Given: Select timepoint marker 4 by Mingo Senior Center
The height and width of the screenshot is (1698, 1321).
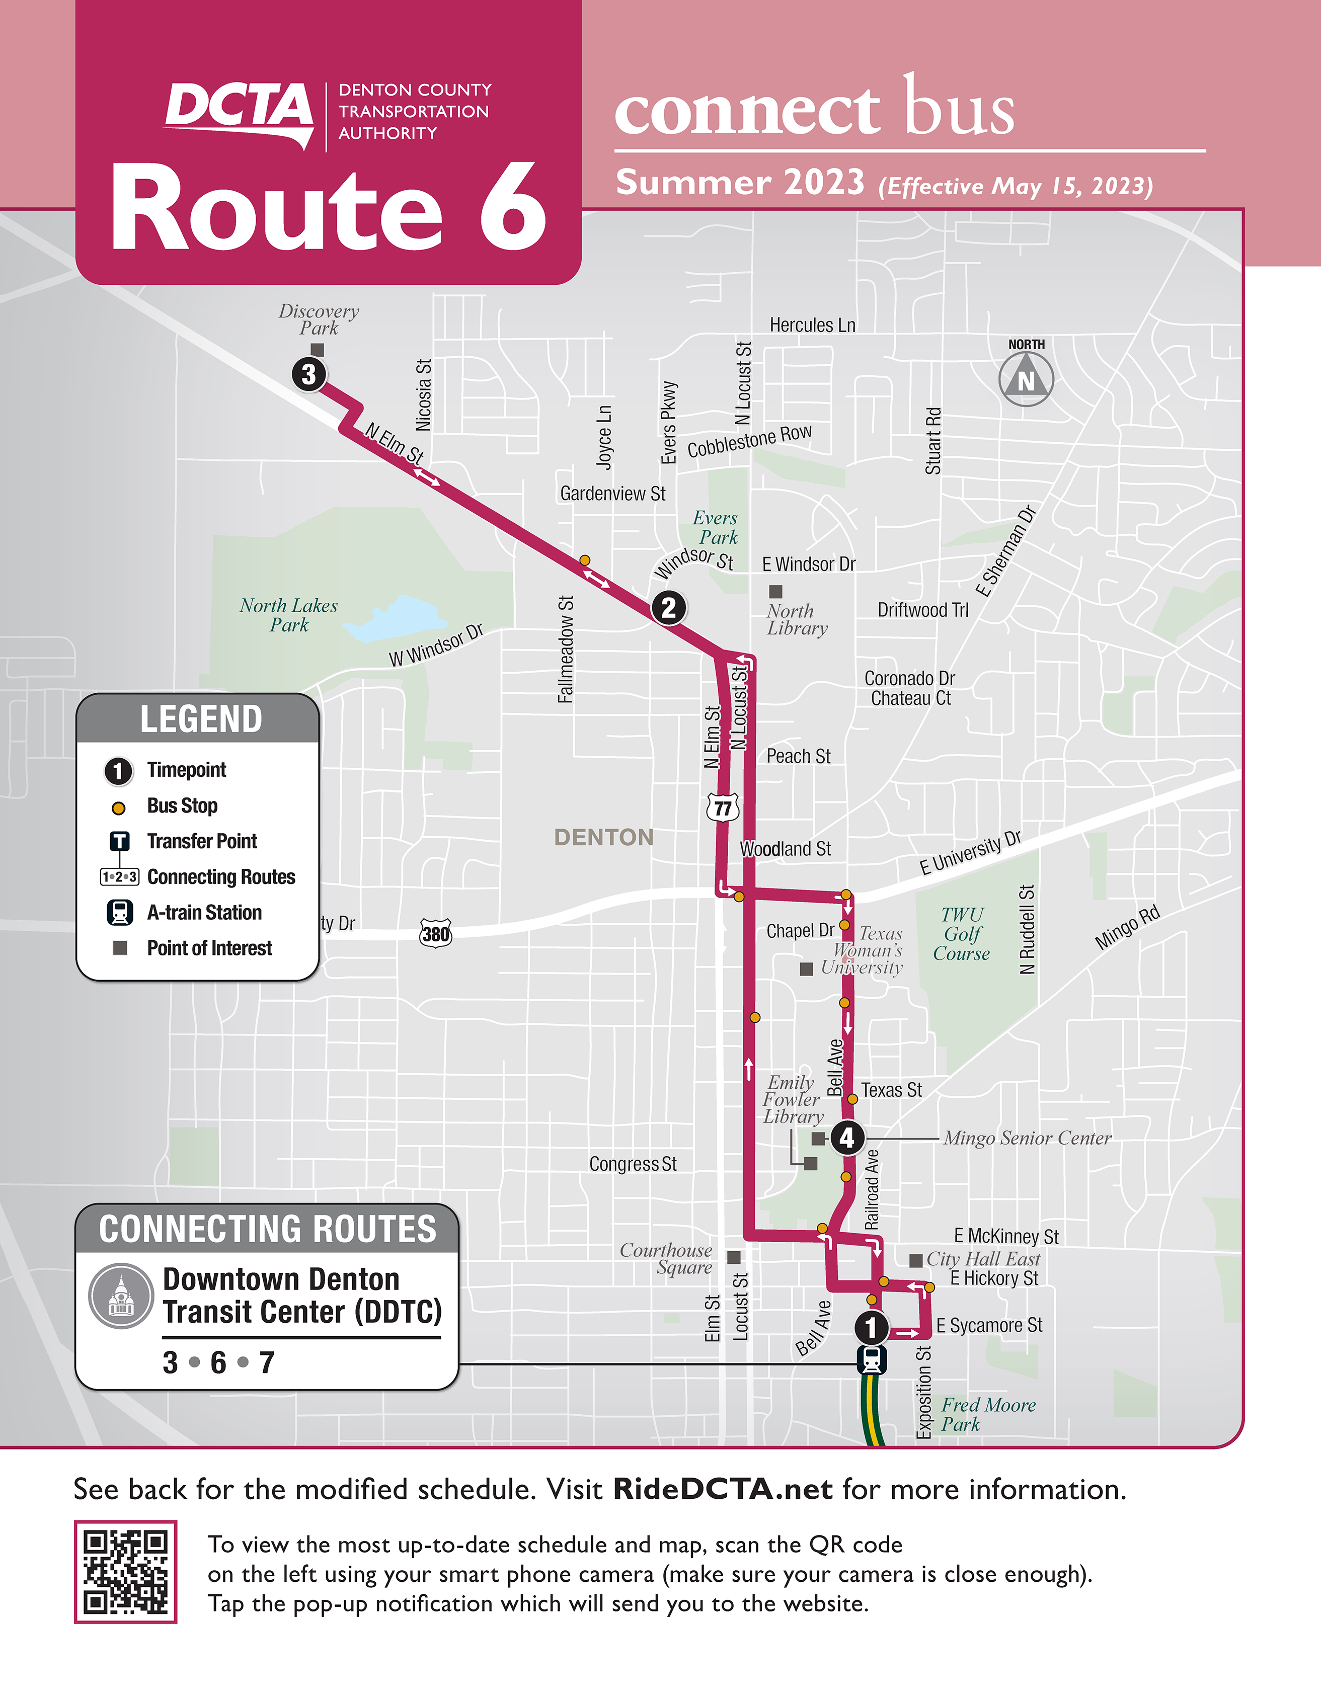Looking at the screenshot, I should point(847,1138).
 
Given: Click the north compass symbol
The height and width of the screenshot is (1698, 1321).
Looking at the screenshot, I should point(1026,379).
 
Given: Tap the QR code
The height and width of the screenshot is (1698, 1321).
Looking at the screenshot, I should point(125,1571).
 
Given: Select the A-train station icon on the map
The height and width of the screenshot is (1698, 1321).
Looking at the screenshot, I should point(872,1360).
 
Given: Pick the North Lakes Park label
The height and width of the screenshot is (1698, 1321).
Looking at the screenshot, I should point(288,615).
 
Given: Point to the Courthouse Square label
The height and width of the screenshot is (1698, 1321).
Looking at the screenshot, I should point(666,1259).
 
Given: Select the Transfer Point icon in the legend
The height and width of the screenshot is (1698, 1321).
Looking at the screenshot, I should point(119,841).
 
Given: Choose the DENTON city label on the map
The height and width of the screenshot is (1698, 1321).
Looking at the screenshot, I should point(603,837).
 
